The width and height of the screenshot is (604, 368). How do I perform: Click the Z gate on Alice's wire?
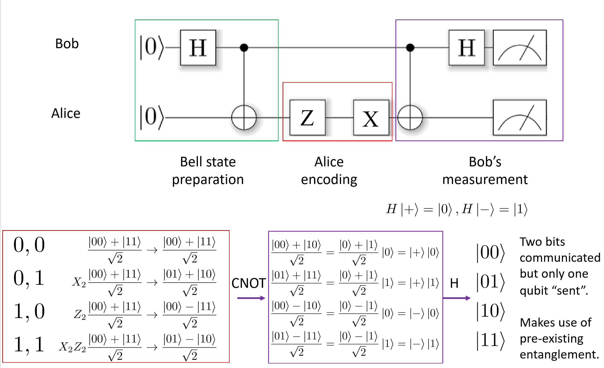(x=307, y=118)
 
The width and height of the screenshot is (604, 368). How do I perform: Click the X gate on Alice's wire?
(x=371, y=118)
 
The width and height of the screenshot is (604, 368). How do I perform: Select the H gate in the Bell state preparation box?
(x=198, y=48)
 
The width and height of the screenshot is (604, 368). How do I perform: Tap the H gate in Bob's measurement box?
(x=466, y=48)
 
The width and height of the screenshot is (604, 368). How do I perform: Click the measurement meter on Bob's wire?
(x=519, y=48)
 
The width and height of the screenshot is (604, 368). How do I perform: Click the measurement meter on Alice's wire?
(x=519, y=118)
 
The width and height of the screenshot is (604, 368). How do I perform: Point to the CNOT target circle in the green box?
(x=244, y=118)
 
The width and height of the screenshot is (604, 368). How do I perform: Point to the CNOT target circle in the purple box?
(x=410, y=118)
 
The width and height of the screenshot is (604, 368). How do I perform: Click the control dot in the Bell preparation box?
(x=244, y=47)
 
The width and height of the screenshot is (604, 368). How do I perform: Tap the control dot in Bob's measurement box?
(x=410, y=47)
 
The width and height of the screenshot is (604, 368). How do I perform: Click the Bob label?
(x=67, y=44)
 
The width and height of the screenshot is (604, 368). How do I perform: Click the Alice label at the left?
(x=66, y=113)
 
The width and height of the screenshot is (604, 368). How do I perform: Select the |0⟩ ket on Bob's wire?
(x=152, y=47)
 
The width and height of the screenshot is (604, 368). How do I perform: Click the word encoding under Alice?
(x=329, y=180)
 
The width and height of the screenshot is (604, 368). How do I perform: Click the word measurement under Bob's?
(x=485, y=180)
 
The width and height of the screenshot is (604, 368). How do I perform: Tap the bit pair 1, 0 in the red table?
(x=29, y=312)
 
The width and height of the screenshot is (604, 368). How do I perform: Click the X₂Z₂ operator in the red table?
(x=72, y=347)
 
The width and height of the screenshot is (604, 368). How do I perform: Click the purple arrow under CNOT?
(x=251, y=298)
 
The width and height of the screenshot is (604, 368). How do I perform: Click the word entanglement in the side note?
(x=559, y=355)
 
